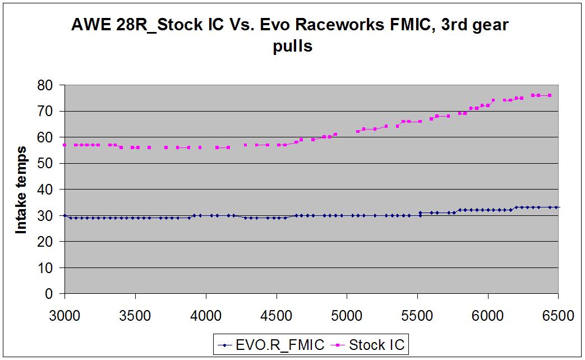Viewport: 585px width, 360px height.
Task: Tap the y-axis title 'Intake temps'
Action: coord(21,190)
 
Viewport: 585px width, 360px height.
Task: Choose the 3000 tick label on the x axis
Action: coord(65,316)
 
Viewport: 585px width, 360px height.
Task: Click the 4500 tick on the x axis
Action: coord(277,316)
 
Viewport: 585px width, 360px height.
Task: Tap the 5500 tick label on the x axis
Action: coord(418,316)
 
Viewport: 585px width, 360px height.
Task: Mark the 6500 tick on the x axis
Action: coord(559,316)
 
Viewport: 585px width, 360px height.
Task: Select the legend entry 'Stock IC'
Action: coord(376,345)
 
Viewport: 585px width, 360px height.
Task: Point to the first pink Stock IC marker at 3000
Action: coord(65,145)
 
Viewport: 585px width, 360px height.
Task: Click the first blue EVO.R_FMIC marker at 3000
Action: coord(65,215)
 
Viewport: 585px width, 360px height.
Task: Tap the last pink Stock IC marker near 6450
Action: coord(550,95)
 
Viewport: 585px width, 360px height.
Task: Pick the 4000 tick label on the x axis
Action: coord(206,316)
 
